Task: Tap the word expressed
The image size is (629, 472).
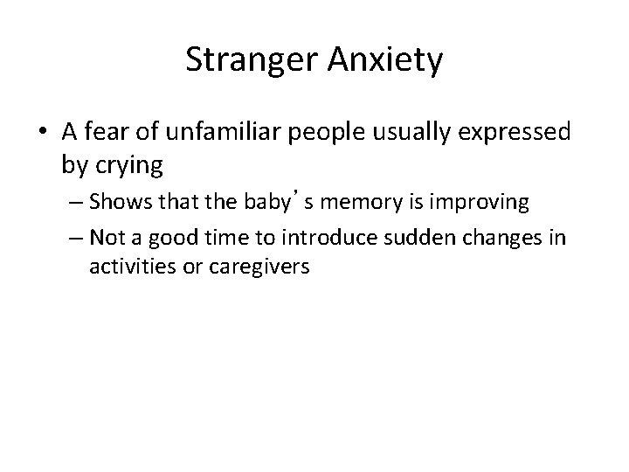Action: point(522,134)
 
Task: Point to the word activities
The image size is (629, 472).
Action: point(128,267)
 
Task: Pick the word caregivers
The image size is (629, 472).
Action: point(252,267)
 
